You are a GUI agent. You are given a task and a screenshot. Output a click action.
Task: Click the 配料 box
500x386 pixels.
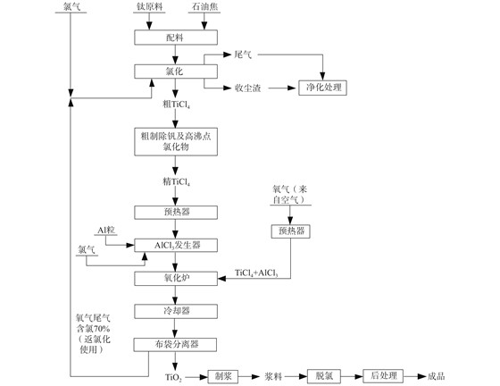click(176, 38)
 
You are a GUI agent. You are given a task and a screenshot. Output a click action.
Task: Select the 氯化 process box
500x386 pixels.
click(176, 71)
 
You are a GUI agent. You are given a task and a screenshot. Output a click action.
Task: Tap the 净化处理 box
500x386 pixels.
click(322, 88)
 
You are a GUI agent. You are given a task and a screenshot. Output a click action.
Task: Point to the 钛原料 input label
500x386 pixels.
click(149, 6)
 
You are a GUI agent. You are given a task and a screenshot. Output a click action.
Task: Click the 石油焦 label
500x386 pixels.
click(204, 6)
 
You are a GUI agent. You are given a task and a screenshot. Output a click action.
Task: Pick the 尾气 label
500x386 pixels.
click(243, 55)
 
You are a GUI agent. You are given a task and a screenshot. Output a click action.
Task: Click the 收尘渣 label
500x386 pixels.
click(248, 88)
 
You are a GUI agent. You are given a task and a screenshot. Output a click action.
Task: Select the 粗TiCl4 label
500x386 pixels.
click(177, 104)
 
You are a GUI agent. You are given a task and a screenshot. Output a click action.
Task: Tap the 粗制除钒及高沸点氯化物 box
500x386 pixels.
click(176, 142)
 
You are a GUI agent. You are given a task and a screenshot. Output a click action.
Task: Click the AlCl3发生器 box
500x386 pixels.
click(176, 246)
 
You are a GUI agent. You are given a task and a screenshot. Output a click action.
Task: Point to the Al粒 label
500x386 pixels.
click(106, 230)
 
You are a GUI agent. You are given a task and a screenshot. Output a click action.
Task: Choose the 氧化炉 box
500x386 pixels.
click(176, 279)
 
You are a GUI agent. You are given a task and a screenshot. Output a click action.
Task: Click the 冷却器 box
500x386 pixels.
click(176, 311)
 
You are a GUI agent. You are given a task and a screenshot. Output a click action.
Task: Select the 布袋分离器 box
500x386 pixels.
click(175, 345)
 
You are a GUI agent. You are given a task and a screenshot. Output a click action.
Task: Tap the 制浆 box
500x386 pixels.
click(223, 376)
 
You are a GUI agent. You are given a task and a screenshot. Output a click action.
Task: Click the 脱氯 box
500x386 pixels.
click(324, 376)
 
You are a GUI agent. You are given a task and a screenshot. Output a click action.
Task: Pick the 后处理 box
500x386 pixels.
click(383, 376)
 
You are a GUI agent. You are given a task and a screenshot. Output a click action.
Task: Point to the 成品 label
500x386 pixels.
click(437, 376)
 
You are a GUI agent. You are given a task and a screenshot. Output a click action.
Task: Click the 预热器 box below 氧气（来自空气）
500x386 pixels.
click(290, 231)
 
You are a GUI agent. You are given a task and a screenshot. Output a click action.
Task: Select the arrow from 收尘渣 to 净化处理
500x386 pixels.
click(282, 88)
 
